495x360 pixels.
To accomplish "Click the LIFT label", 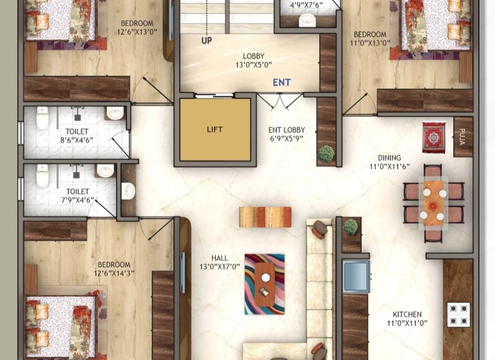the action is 214,129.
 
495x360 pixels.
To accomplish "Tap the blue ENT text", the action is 281,83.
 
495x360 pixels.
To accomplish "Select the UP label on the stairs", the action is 207,40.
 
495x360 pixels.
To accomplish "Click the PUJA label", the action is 462,136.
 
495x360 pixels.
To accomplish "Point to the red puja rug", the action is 434,138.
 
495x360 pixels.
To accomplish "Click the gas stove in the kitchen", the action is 458,315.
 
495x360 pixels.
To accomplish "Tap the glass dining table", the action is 433,204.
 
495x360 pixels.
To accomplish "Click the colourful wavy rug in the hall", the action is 264,284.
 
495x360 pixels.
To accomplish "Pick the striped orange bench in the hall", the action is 265,217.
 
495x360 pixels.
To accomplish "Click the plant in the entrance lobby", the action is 326,154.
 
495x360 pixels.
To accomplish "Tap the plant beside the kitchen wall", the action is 351,227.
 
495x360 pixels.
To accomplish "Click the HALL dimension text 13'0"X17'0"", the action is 220,267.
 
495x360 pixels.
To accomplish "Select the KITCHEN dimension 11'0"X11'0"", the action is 407,323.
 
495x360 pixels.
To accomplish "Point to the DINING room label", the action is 390,158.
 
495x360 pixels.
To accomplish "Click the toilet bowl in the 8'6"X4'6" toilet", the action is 42,118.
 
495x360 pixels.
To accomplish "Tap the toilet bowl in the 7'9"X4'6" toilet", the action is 42,176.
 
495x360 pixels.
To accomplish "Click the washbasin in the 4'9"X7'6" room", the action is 307,20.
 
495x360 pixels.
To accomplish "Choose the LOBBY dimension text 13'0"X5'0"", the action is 253,65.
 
